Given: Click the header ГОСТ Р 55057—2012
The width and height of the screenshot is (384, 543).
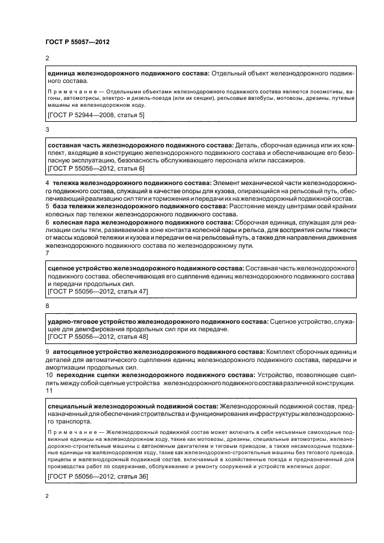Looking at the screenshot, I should pyautogui.click(x=77, y=42).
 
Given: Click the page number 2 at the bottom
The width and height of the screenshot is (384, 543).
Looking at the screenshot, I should pyautogui.click(x=47, y=496).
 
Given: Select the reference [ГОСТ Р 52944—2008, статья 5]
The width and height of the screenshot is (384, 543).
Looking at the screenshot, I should pyautogui.click(x=96, y=115).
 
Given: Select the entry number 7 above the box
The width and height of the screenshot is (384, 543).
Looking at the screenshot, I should pyautogui.click(x=47, y=253).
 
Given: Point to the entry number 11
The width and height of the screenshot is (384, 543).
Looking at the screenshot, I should pyautogui.click(x=48, y=392).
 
